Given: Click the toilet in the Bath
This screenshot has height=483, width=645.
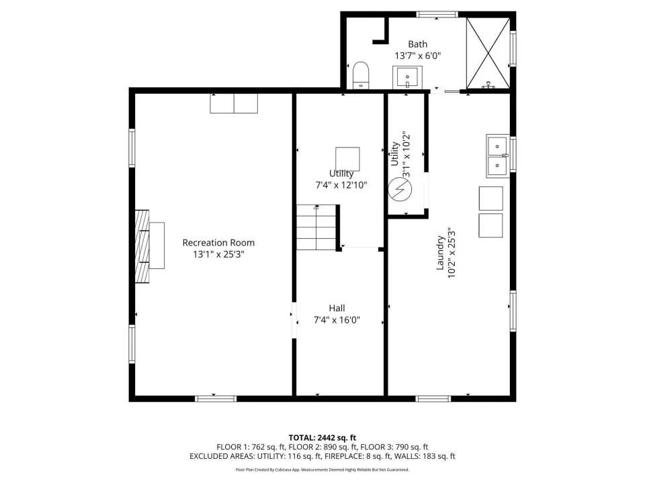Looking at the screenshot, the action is click(361, 75).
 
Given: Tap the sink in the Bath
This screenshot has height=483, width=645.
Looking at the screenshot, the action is click(407, 77).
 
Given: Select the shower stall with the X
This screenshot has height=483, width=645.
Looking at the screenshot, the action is click(488, 53).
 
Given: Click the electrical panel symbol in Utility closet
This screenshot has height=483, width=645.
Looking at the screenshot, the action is click(400, 190).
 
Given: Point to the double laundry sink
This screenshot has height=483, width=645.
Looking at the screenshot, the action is click(498, 156).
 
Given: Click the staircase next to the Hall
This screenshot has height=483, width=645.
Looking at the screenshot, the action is click(316, 227).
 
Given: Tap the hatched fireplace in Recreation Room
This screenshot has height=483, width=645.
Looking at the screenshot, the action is click(142, 246).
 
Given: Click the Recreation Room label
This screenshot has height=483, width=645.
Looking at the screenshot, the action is click(218, 243).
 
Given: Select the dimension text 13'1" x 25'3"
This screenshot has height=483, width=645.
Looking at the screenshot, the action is click(219, 254).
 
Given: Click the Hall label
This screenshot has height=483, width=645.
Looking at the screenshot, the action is click(337, 308).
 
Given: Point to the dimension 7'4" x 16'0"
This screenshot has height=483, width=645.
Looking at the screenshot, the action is click(337, 319).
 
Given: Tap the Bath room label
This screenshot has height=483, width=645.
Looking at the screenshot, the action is click(417, 44).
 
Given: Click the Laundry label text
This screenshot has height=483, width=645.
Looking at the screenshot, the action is click(440, 253).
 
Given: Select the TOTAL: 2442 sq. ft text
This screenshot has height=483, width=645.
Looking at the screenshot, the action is click(322, 438).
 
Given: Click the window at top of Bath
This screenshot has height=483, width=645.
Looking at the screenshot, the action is click(437, 14).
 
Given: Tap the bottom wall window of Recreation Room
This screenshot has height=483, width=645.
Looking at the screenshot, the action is click(216, 398).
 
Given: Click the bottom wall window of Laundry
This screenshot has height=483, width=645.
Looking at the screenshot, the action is click(433, 398).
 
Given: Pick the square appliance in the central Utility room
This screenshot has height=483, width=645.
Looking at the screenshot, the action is click(347, 159).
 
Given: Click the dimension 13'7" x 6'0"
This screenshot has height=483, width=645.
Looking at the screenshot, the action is click(418, 56).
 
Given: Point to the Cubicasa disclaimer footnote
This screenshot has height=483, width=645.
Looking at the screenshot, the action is click(322, 470).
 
